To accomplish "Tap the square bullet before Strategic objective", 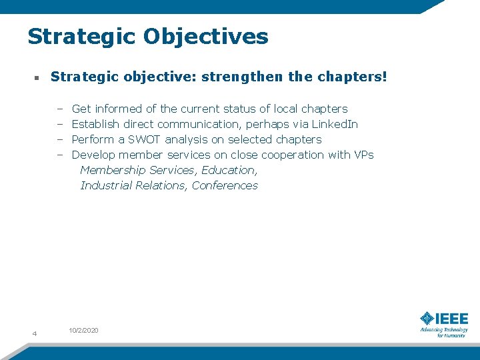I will coord(37,78).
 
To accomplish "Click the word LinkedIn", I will coord(335,124).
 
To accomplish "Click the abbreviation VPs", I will coord(364,155).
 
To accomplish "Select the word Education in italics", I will coord(229,170).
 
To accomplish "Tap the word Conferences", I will coord(225,185).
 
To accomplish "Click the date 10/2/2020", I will coord(83,331).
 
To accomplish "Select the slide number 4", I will coord(34,333).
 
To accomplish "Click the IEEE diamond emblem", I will coord(427,319).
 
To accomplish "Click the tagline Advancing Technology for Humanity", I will coord(444,332).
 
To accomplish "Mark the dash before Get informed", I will coord(59,109).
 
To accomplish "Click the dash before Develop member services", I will coord(59,155).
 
